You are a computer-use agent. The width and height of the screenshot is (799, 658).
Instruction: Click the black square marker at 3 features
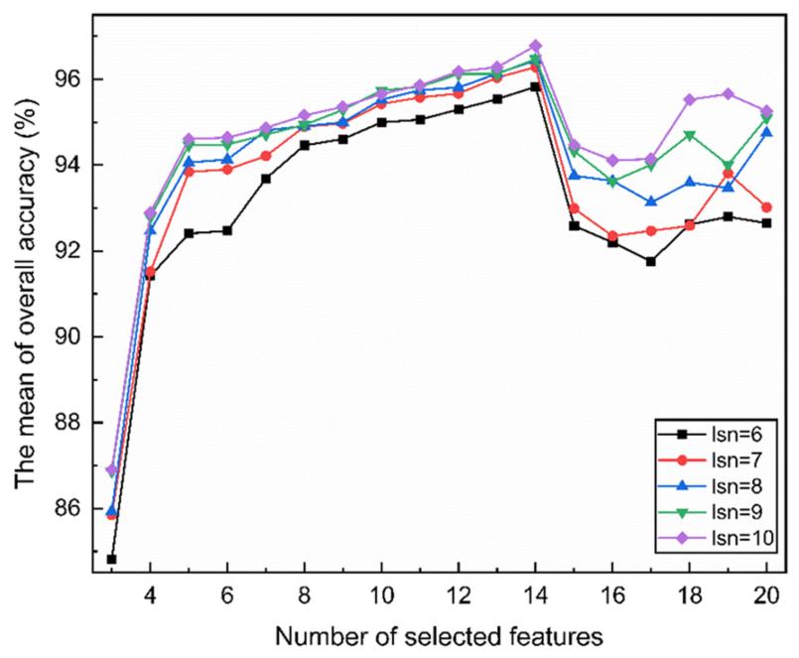point(112,560)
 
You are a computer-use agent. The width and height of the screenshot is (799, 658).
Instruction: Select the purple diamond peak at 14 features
point(535,46)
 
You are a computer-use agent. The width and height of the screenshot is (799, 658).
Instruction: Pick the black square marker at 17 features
point(651,261)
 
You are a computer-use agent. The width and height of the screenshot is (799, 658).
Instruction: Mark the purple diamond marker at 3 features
point(112,469)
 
